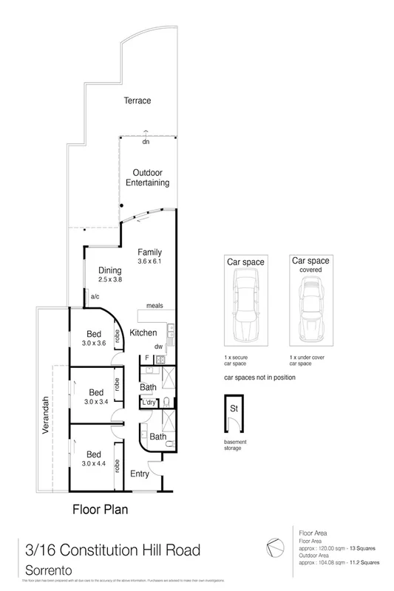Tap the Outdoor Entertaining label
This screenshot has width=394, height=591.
click(147, 177)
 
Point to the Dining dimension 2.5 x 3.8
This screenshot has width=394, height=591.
click(110, 281)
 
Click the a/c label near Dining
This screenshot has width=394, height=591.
click(95, 297)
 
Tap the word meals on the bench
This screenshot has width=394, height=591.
click(154, 306)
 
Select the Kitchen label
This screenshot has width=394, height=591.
click(143, 333)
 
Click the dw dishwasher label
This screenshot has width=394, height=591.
click(157, 346)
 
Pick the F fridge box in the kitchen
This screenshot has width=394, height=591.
click(146, 360)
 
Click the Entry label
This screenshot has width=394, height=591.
click(140, 474)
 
